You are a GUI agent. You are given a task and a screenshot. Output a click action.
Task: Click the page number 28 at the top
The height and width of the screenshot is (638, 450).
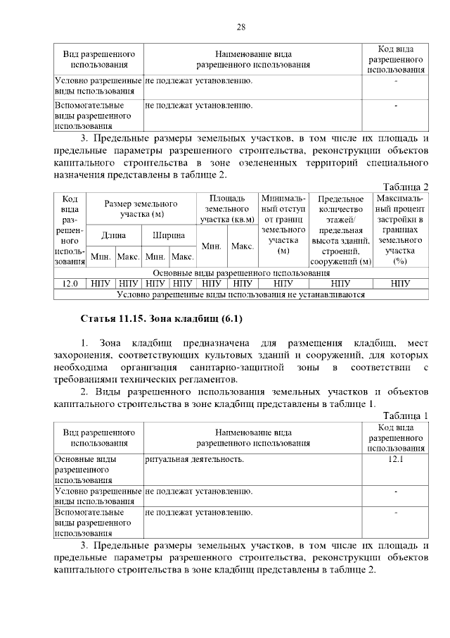pos(240,27)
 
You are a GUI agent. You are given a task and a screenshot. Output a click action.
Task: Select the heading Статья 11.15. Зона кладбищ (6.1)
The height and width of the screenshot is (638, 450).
pos(162,319)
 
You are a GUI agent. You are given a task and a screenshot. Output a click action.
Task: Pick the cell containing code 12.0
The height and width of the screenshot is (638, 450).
pos(70,283)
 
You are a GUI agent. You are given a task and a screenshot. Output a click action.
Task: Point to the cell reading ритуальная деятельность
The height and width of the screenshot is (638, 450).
pos(195,459)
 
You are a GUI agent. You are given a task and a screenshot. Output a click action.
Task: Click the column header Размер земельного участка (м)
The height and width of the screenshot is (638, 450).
pos(141,208)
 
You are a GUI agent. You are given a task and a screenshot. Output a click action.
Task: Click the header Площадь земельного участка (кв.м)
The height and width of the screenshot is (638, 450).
pos(228,209)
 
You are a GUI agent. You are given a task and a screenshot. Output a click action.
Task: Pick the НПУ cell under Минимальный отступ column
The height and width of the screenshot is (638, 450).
pos(283,283)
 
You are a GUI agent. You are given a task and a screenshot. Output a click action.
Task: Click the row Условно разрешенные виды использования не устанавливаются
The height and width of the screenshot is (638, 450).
pos(240,294)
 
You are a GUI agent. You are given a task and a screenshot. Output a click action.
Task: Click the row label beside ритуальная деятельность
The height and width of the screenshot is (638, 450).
pos(98,469)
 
